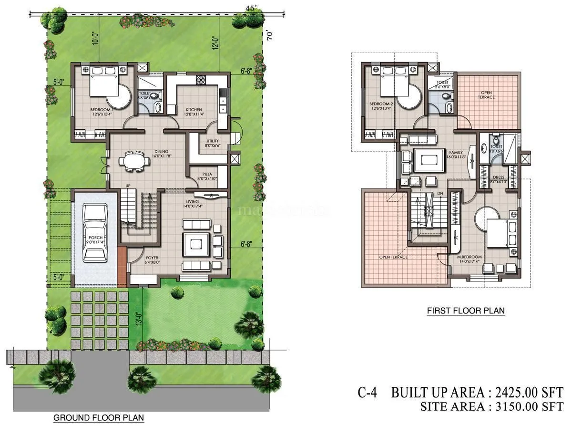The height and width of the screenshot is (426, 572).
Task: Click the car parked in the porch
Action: coord(94,232)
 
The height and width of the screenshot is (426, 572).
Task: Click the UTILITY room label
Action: coord(212,141)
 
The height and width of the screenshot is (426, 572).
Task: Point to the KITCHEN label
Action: coord(194,110)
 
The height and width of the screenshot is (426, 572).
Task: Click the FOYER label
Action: coord(152,258)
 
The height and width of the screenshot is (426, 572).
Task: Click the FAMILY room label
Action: coord(455,153)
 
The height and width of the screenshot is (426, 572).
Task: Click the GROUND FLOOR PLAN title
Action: coord(99,417)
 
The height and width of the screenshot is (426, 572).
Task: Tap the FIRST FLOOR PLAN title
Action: coord(465,311)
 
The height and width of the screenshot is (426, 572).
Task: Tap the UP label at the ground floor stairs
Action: coord(128,186)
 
